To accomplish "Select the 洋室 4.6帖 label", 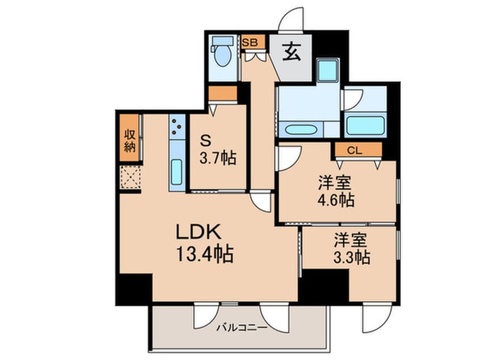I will click(336, 192).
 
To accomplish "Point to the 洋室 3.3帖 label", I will click(352, 249).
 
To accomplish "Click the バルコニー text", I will click(238, 328).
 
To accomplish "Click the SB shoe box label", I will click(250, 41).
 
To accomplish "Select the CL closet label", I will click(355, 150).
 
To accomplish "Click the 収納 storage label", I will click(130, 140).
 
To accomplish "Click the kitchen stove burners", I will click(177, 127).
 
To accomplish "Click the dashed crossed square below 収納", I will click(130, 177).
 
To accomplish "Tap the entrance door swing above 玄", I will click(292, 20).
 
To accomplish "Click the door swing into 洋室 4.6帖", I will click(287, 158).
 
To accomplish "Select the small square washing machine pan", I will click(327, 70).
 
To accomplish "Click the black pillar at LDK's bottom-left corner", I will click(134, 287).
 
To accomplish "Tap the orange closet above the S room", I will click(222, 94).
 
